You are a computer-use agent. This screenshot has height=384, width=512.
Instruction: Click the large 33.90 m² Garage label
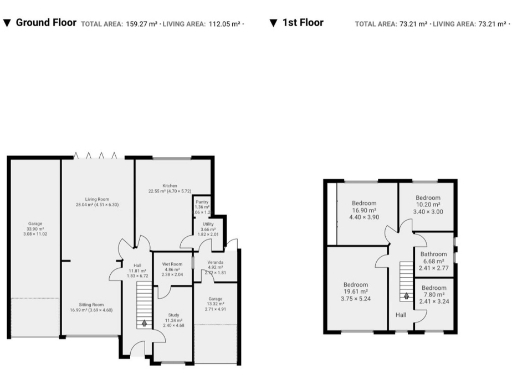pos(34,225)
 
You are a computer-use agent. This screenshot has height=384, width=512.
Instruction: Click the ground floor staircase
pos(142,300)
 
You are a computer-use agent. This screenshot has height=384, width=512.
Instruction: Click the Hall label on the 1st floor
pos(401,315)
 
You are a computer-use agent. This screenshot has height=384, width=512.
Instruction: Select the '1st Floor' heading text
pos(303,22)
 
